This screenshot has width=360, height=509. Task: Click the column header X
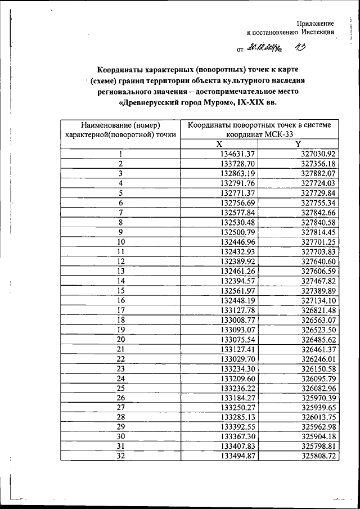(219, 145)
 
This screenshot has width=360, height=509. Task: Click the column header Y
(298, 145)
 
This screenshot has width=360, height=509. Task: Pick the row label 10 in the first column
(120, 242)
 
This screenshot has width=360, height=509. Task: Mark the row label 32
(120, 456)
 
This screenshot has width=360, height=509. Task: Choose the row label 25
(120, 388)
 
